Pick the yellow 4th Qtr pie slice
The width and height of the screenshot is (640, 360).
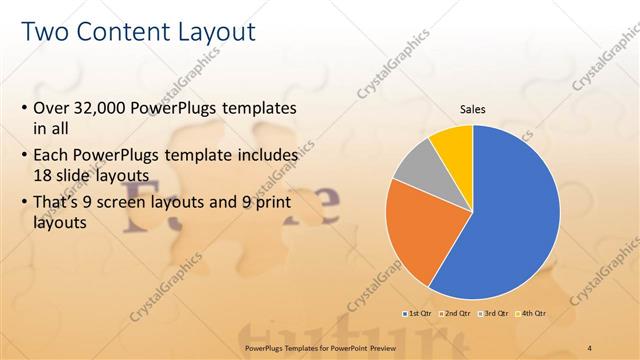(x=453, y=143)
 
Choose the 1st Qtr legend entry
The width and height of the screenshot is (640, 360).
(x=417, y=314)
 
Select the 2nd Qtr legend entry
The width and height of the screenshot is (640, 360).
(x=456, y=314)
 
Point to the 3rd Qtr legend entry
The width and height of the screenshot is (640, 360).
(x=495, y=314)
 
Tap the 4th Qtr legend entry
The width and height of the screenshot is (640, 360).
(x=533, y=314)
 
